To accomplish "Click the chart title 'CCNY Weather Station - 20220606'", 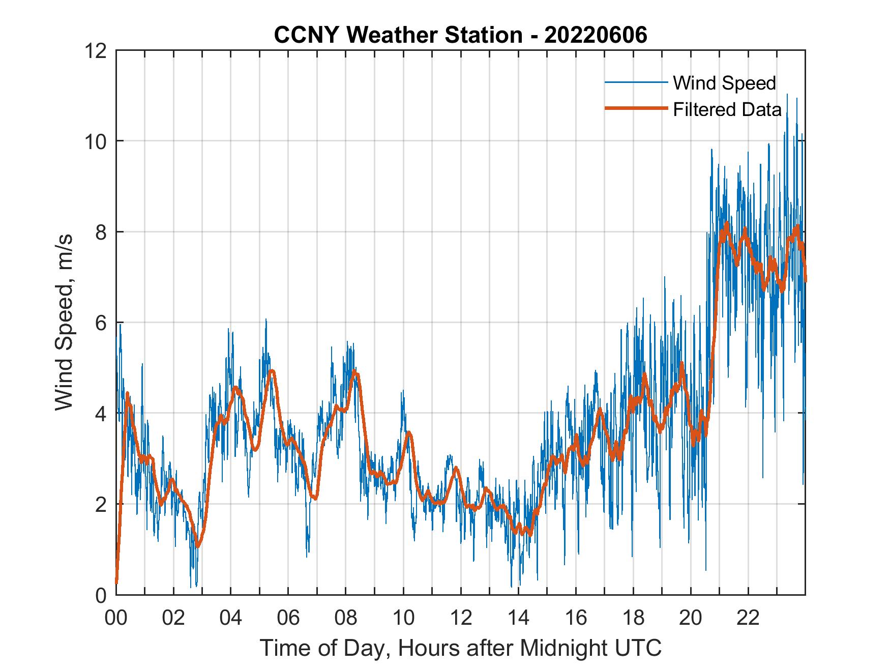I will point(460,35).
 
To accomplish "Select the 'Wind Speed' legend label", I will point(724,83).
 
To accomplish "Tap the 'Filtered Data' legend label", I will point(727,109).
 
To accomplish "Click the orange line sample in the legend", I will point(636,108).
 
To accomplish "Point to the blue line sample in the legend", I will point(636,82).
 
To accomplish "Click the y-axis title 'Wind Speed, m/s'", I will point(64,322).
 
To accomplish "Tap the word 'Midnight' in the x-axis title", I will point(561,648).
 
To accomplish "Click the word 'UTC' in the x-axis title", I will point(638,648).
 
